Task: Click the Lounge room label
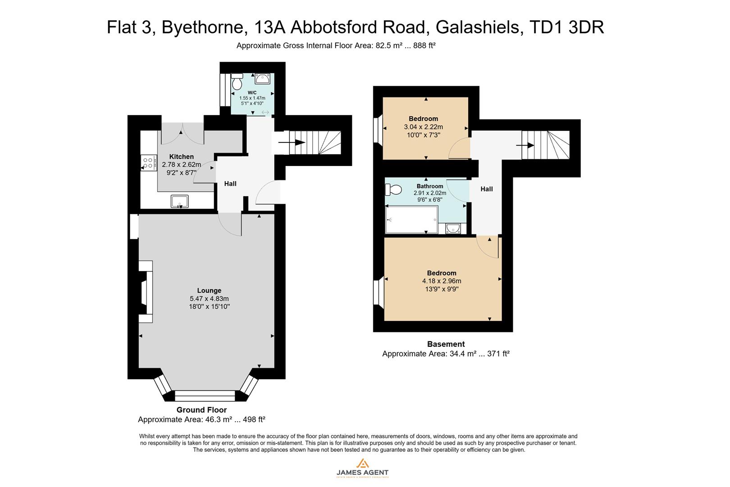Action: point(209,290)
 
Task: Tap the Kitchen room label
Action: point(182,156)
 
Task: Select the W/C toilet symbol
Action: point(237,83)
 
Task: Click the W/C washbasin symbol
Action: point(262,79)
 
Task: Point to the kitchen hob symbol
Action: point(148,163)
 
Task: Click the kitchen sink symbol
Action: point(180,201)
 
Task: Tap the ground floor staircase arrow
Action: point(292,143)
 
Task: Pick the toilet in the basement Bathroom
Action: point(393,189)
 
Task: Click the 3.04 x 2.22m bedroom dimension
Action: point(423,127)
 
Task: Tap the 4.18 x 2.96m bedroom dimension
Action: point(442,281)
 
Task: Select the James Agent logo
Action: point(362,468)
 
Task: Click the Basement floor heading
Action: point(446,344)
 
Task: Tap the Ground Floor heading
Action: point(201,410)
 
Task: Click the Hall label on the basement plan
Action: point(486,189)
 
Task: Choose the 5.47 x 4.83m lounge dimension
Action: point(209,299)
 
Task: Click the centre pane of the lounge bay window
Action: point(205,395)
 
